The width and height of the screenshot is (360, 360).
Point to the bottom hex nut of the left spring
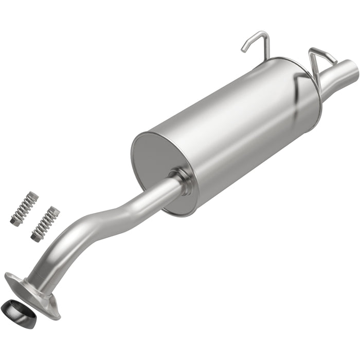click(x=15, y=222)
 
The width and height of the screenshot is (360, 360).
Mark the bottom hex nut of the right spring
click(x=35, y=237)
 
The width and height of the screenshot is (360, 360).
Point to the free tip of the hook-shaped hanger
click(x=243, y=50)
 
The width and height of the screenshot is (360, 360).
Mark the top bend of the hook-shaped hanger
click(x=262, y=35)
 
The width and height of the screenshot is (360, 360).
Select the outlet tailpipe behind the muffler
click(x=337, y=75)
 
